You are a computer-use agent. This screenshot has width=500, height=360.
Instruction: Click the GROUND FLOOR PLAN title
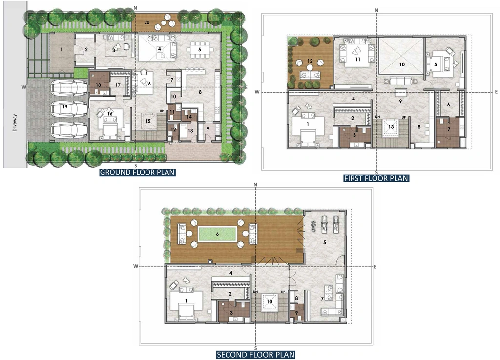click(137, 172)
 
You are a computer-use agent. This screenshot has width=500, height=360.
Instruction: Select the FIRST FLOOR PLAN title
click(376, 178)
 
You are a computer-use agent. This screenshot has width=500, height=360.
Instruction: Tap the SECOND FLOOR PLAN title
click(255, 355)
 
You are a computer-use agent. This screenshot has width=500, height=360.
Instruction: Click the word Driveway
click(15, 123)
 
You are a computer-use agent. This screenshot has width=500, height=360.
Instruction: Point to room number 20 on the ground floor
click(146, 22)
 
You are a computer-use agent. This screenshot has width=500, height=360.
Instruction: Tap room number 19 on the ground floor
click(65, 107)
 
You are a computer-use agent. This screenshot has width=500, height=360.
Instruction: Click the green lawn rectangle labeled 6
click(217, 234)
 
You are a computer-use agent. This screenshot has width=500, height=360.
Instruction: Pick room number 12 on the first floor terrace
click(310, 61)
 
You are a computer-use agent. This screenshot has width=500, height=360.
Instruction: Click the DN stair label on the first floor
click(377, 117)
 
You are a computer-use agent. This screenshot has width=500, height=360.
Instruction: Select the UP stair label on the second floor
click(283, 292)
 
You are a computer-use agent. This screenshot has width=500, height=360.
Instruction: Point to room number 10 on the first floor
click(402, 64)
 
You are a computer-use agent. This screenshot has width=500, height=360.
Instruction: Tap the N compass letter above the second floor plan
click(255, 185)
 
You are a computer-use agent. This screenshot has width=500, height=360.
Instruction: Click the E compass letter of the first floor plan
click(496, 92)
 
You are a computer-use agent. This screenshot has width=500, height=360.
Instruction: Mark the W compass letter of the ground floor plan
click(24, 87)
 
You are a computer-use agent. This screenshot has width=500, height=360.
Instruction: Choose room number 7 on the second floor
click(322, 299)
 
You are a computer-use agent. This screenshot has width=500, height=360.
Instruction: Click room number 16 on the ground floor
click(110, 113)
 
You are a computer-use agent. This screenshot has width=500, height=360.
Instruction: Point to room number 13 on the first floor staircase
click(391, 127)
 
